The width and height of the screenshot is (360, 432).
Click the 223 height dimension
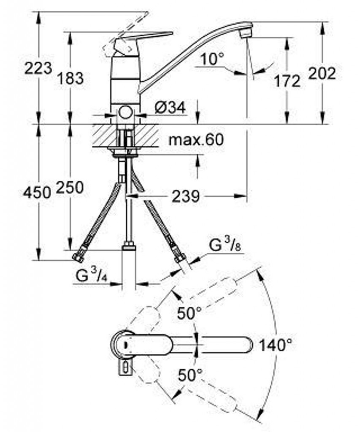click(38, 68)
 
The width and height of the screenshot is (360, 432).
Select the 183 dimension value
click(70, 78)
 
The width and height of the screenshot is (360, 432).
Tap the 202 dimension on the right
click(322, 73)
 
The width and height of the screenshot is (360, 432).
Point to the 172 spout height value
click(287, 81)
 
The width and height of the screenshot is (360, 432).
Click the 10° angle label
click(212, 59)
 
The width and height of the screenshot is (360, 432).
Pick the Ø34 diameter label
click(170, 108)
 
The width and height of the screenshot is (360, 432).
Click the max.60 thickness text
click(196, 140)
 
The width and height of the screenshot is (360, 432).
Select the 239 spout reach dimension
click(185, 197)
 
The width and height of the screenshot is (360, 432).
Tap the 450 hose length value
click(37, 192)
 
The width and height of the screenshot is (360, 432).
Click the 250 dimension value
click(70, 187)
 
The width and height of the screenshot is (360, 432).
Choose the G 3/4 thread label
click(91, 275)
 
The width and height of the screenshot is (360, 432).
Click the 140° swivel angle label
click(275, 345)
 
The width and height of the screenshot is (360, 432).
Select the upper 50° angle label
click(189, 313)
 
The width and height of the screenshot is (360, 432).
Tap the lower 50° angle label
click(190, 375)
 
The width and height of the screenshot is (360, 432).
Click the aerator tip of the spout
click(246, 34)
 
